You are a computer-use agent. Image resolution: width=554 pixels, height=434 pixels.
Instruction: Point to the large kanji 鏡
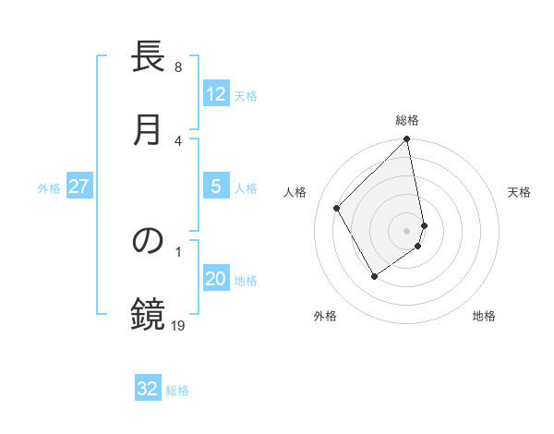148,314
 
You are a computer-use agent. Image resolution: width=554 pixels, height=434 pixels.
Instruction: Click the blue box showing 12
216,94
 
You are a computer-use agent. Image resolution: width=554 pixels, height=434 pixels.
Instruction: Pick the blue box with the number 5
216,187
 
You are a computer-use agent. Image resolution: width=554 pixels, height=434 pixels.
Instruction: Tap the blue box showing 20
216,280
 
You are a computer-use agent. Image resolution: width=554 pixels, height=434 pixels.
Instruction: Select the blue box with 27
79,187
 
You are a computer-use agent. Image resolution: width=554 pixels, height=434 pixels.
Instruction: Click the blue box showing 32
148,389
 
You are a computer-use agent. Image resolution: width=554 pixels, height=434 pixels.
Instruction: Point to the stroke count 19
179,325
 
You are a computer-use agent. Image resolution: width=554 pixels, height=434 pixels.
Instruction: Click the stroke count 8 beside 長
178,67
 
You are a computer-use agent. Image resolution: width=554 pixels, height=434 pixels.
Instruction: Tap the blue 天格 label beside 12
246,95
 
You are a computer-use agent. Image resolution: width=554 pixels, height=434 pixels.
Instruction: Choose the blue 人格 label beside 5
246,188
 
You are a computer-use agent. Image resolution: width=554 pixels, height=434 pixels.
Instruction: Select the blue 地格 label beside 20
246,281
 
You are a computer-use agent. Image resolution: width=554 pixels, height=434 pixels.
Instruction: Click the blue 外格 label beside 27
49,188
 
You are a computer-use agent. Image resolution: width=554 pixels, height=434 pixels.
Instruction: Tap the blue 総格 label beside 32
177,390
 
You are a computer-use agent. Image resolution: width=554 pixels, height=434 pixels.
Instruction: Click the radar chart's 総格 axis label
407,120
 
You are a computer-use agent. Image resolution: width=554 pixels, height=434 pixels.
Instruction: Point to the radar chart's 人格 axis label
295,191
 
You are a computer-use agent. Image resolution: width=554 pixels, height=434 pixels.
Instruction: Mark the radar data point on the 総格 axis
407,140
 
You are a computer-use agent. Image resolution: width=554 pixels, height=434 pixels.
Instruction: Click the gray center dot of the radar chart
407,230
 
